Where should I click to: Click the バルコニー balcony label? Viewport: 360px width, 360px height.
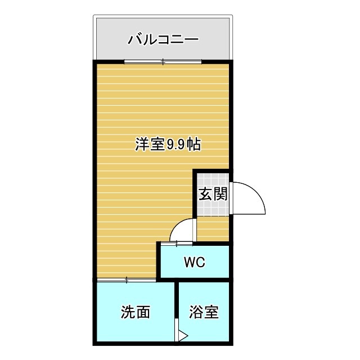(x=163, y=39)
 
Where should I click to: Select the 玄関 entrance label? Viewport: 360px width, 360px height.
(x=213, y=195)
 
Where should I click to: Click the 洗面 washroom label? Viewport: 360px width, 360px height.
(x=136, y=313)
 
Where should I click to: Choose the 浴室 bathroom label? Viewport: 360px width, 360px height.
(x=204, y=312)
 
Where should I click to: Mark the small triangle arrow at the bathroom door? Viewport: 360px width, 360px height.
(x=182, y=336)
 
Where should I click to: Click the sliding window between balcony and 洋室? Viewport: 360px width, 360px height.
(x=163, y=61)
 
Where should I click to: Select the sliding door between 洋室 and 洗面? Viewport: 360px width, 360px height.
(x=127, y=280)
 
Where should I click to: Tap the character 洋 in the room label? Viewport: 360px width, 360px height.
(x=141, y=145)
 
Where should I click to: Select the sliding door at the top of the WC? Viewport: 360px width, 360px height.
(x=177, y=243)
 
